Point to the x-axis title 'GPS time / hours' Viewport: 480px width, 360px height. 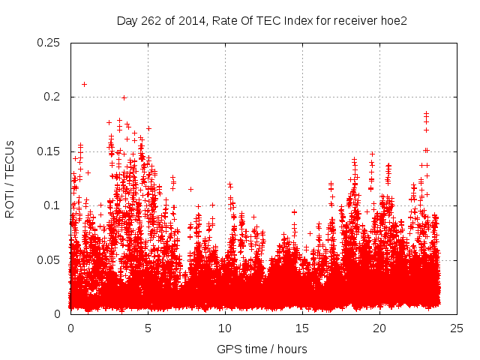(x=262, y=349)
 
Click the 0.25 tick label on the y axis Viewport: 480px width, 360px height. (x=49, y=43)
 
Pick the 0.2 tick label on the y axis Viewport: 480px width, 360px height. (x=52, y=97)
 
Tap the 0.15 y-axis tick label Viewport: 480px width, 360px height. (x=49, y=151)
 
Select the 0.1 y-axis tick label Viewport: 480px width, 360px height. (x=52, y=205)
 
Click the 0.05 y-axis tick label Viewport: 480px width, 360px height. (x=49, y=259)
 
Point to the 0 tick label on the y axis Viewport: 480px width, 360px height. (x=58, y=313)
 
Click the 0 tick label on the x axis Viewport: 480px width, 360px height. (x=70, y=328)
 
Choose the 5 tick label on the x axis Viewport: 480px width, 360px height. (x=148, y=328)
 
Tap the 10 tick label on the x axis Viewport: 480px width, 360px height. (x=225, y=328)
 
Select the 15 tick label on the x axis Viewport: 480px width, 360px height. (x=302, y=328)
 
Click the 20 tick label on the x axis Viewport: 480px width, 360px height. (x=379, y=328)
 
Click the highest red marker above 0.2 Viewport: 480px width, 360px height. (x=84, y=84)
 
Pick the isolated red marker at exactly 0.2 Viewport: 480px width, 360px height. (x=124, y=97)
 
